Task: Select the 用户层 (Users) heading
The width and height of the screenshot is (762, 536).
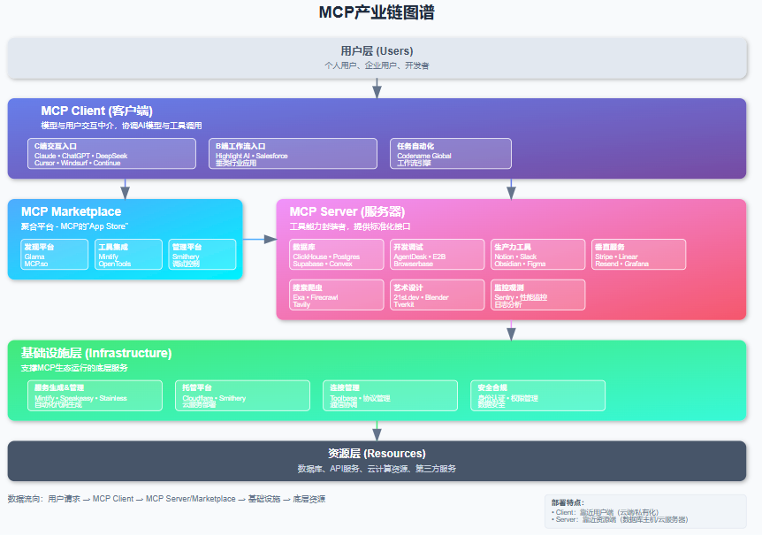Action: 377,51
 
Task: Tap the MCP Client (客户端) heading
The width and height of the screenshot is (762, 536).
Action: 96,111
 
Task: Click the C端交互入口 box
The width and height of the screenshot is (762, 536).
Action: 111,154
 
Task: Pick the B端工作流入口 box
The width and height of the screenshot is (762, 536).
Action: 293,154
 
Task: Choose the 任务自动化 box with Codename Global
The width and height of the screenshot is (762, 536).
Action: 451,154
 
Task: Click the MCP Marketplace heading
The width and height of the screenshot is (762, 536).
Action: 71,211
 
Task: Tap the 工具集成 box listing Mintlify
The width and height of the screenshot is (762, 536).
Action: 117,255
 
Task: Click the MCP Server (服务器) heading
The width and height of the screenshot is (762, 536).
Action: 347,212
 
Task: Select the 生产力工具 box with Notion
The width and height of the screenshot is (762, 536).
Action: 537,255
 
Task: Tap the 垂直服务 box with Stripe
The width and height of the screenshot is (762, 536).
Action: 638,255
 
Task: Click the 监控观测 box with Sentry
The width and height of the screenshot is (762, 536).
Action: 537,295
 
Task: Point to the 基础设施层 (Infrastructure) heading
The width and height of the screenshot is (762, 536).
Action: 96,353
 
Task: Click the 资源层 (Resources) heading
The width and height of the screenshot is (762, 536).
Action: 377,454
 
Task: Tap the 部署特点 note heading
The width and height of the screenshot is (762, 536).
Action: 567,502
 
